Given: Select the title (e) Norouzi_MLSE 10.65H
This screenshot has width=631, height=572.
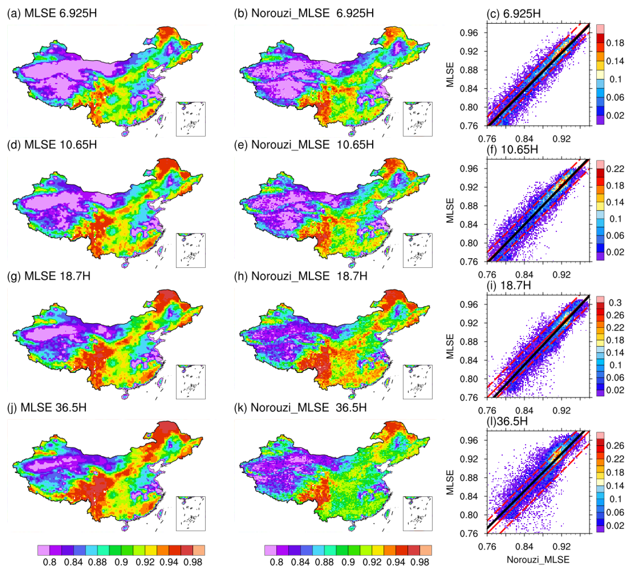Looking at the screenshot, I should pyautogui.click(x=304, y=145).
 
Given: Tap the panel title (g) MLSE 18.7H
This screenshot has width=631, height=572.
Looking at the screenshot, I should pyautogui.click(x=49, y=276).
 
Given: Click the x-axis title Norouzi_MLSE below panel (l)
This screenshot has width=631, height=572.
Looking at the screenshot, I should pyautogui.click(x=538, y=559).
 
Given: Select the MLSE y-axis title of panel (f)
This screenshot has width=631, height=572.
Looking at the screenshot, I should pyautogui.click(x=450, y=210).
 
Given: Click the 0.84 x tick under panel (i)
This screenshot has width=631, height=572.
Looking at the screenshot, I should pyautogui.click(x=524, y=410).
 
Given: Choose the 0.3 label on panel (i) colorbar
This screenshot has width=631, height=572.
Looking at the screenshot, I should pyautogui.click(x=615, y=303).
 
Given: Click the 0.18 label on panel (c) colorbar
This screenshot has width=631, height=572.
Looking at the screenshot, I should pyautogui.click(x=615, y=43).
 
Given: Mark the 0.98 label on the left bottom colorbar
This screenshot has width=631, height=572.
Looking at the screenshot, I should pyautogui.click(x=193, y=562).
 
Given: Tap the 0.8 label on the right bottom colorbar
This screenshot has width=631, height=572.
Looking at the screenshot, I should pyautogui.click(x=276, y=562).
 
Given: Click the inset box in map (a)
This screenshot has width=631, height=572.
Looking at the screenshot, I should pyautogui.click(x=191, y=119).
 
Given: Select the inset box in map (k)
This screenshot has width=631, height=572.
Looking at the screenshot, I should pyautogui.click(x=418, y=513).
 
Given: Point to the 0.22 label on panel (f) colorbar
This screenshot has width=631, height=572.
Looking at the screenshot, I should pyautogui.click(x=615, y=169).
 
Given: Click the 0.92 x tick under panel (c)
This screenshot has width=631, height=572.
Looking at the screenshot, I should pyautogui.click(x=561, y=139).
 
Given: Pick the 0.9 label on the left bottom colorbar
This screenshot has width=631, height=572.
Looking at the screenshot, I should pyautogui.click(x=121, y=562).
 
